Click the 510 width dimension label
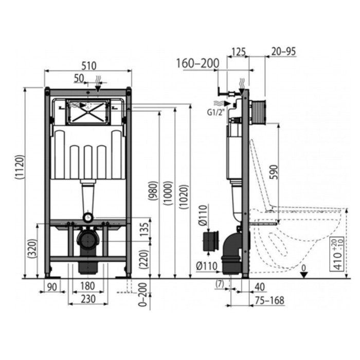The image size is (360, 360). [x=89, y=66]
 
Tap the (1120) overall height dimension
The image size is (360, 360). [x=20, y=167]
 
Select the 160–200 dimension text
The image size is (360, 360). [x=197, y=63]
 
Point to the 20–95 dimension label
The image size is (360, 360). [x=283, y=51]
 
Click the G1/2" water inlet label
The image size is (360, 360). [x=215, y=113]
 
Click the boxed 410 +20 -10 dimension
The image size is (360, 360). [x=337, y=254]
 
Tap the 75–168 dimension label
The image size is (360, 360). [x=270, y=300]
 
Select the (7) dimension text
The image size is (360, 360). [x=220, y=284]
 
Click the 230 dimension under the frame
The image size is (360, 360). [x=88, y=299]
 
